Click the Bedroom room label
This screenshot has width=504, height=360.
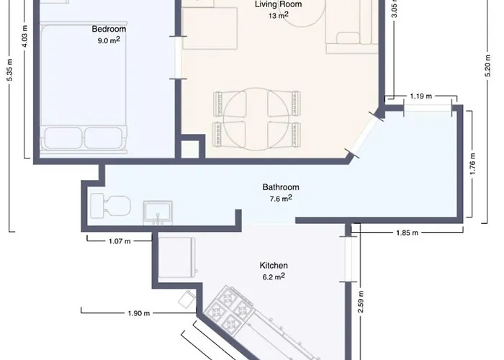pyautogui.click(x=109, y=29)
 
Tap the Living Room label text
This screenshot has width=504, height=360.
pyautogui.click(x=279, y=4)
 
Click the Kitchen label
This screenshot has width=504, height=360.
pyautogui.click(x=274, y=266)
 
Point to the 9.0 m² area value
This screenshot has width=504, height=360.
pyautogui.click(x=109, y=40)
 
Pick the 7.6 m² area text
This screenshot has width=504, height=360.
pyautogui.click(x=281, y=199)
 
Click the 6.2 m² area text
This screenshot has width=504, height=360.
pyautogui.click(x=274, y=276)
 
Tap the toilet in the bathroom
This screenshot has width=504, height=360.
pyautogui.click(x=111, y=206)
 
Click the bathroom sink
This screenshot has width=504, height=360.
pyautogui.click(x=158, y=213)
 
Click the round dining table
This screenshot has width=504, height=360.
pyautogui.click(x=256, y=120)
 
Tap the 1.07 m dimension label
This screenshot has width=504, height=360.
pyautogui.click(x=120, y=241)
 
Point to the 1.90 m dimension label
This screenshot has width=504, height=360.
pyautogui.click(x=139, y=313)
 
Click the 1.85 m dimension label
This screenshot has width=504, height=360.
pyautogui.click(x=408, y=233)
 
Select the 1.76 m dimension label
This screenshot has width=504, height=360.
pyautogui.click(x=472, y=164)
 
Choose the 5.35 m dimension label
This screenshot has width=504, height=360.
pyautogui.click(x=9, y=70)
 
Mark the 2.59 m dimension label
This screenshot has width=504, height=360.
pyautogui.click(x=360, y=302)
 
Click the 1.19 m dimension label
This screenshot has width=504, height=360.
pyautogui.click(x=421, y=96)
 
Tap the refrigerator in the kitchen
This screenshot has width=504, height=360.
pyautogui.click(x=177, y=258)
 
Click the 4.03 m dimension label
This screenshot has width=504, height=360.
pyautogui.click(x=25, y=36)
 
